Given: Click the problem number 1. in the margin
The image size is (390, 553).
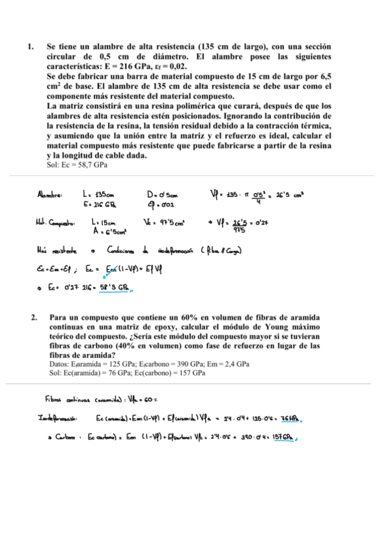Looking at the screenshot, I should point(30,47).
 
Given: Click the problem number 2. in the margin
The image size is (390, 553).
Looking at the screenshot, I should point(33,318).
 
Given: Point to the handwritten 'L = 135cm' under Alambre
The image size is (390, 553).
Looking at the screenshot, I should point(99,194).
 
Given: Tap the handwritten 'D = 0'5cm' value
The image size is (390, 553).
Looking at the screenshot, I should point(162,194).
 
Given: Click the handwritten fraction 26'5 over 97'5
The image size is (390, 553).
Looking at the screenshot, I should point(235,225).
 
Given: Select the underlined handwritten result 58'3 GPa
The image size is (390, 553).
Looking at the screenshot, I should point(113,287).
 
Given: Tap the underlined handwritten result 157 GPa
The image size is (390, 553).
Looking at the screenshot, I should point(283,437).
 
